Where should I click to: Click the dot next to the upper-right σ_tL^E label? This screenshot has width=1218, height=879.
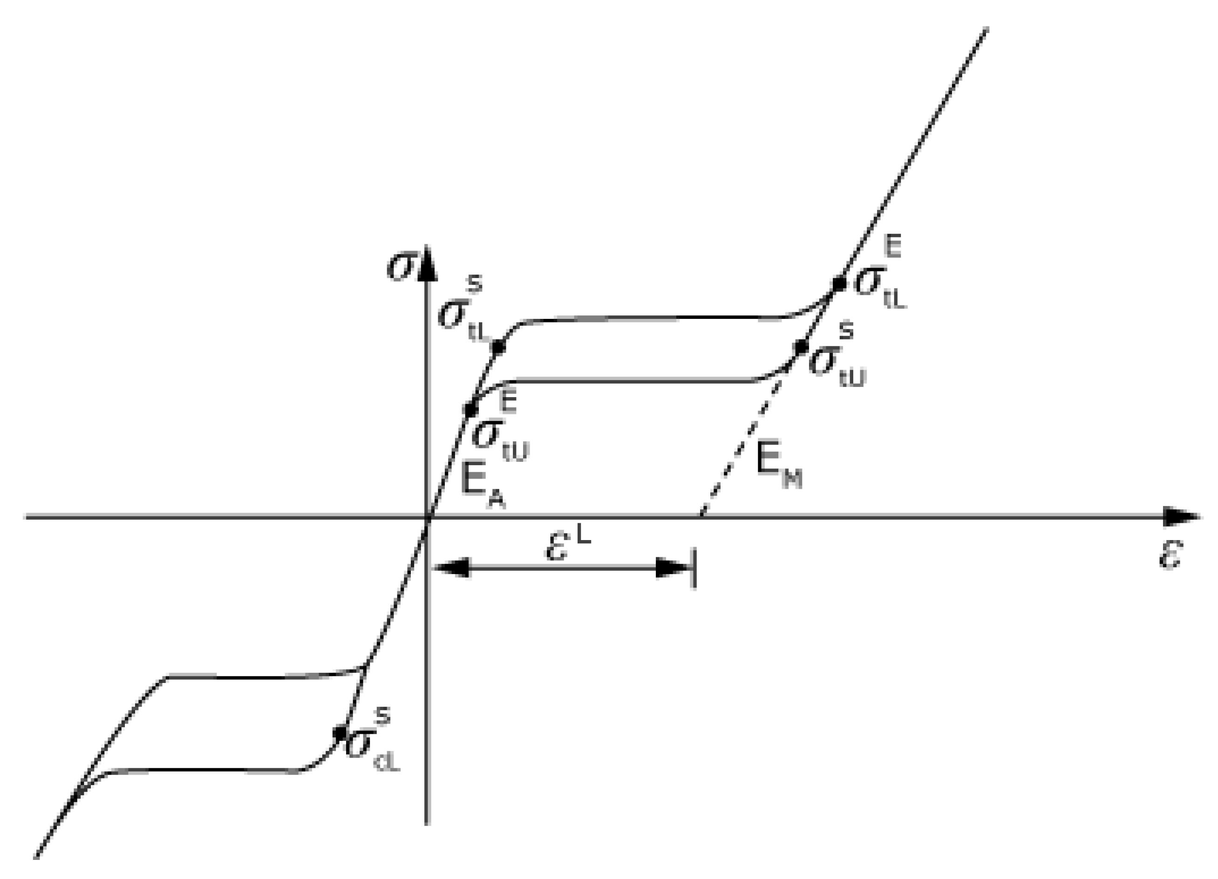[838, 283]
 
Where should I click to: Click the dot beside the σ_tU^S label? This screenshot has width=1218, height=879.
[801, 346]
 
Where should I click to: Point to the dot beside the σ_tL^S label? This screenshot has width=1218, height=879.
[498, 347]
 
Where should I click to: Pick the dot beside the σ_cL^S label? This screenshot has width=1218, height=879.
[340, 732]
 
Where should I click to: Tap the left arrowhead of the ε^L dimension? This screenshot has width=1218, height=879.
[451, 568]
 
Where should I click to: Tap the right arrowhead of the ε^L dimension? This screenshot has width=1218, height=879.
[671, 568]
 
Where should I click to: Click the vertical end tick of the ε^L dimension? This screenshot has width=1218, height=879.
[694, 568]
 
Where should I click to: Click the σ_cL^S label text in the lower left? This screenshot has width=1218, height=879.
[371, 744]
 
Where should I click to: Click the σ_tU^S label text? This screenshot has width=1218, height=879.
[835, 360]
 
